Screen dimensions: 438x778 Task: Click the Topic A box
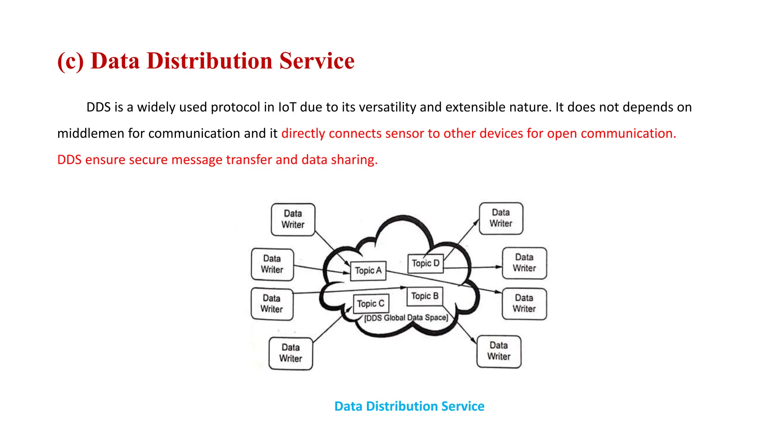(368, 271)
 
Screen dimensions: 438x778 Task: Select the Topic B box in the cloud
(425, 296)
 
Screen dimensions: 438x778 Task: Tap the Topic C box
(371, 304)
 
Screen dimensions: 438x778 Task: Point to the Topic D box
(425, 263)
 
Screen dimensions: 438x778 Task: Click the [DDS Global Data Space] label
(406, 318)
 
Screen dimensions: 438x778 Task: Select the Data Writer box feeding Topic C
(291, 353)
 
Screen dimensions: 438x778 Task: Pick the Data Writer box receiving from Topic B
(499, 351)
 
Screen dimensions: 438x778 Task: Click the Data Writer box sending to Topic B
(272, 304)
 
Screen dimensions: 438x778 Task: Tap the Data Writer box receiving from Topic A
(524, 303)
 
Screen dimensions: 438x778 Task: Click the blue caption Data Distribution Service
(409, 406)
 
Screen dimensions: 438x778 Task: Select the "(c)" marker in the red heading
(70, 61)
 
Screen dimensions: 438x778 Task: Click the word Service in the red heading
(317, 61)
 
